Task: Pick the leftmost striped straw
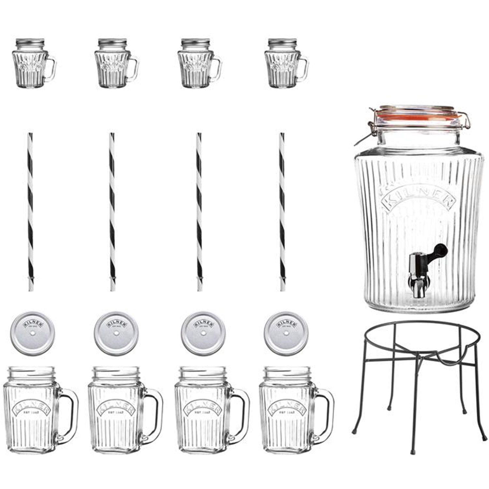[x=30, y=212]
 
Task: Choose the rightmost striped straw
[x=282, y=212]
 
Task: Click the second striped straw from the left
[x=112, y=212]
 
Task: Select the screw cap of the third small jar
[x=196, y=43]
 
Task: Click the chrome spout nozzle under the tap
[x=417, y=287]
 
